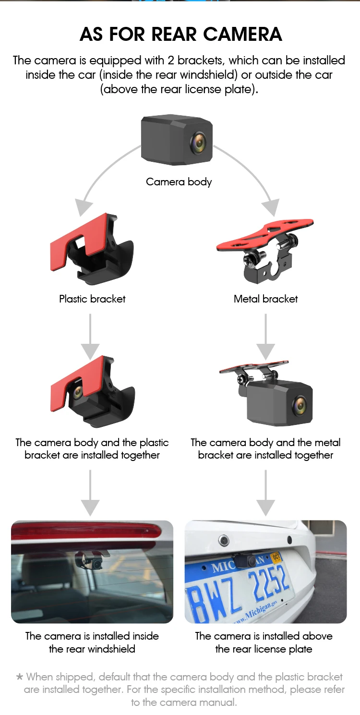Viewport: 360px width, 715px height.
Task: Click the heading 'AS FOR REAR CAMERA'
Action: pyautogui.click(x=180, y=35)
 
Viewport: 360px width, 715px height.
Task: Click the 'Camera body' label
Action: pyautogui.click(x=179, y=182)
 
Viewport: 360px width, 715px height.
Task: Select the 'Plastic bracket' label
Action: pyautogui.click(x=92, y=299)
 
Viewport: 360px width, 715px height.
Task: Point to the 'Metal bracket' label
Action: pyautogui.click(x=265, y=299)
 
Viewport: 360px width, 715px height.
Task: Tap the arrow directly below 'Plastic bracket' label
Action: pyautogui.click(x=90, y=336)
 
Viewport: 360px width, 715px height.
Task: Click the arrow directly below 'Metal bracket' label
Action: pyautogui.click(x=265, y=336)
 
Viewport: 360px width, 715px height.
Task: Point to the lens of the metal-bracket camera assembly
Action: pyautogui.click(x=300, y=405)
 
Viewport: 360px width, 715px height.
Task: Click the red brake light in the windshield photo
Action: pyautogui.click(x=86, y=531)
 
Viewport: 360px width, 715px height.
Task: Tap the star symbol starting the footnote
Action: pyautogui.click(x=20, y=677)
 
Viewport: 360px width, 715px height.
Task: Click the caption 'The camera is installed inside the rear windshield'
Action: pyautogui.click(x=92, y=642)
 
